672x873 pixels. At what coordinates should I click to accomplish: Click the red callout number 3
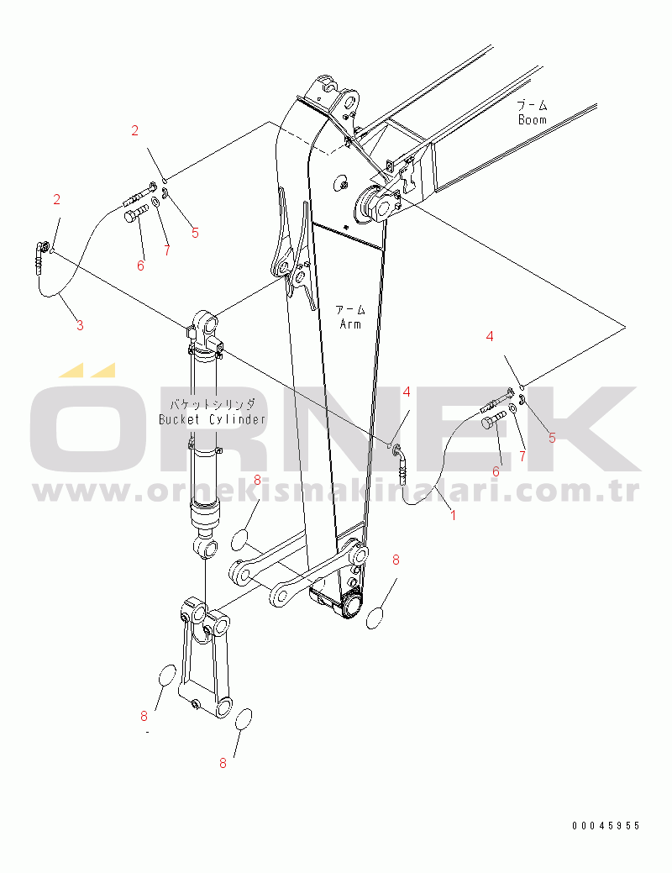80,325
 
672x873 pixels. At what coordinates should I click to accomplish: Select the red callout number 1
454,516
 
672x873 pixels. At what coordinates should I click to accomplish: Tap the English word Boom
533,119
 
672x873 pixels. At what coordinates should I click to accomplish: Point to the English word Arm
350,324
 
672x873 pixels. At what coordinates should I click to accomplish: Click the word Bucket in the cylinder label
179,419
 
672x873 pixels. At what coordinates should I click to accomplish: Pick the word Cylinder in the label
238,419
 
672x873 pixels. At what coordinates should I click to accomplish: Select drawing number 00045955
606,826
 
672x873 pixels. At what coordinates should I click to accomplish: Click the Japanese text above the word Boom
533,105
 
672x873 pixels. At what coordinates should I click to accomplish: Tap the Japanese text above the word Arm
350,309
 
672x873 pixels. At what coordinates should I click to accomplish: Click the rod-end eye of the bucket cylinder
206,547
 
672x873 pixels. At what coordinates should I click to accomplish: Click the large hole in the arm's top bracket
350,103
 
